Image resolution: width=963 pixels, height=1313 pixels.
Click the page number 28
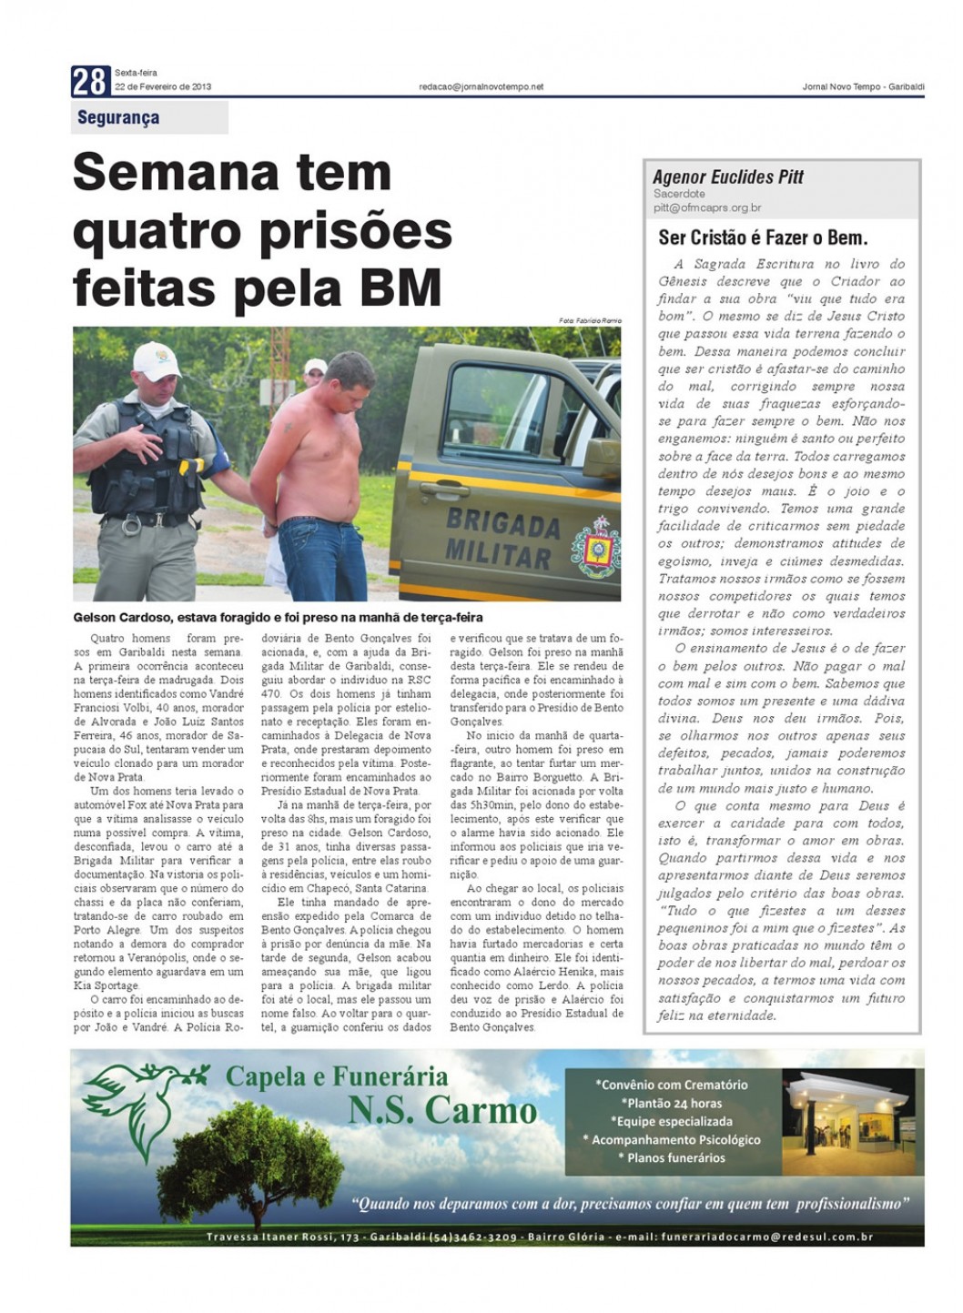90,83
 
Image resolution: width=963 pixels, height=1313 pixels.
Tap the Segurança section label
118,117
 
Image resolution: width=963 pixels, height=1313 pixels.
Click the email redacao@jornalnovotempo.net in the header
481,86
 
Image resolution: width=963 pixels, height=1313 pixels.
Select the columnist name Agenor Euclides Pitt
728,177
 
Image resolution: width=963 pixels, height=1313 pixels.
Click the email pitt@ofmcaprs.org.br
707,207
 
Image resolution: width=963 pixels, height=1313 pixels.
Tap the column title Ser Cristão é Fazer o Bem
763,238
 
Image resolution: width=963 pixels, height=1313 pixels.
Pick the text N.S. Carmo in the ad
442,1111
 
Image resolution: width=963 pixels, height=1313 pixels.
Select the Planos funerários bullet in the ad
672,1157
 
